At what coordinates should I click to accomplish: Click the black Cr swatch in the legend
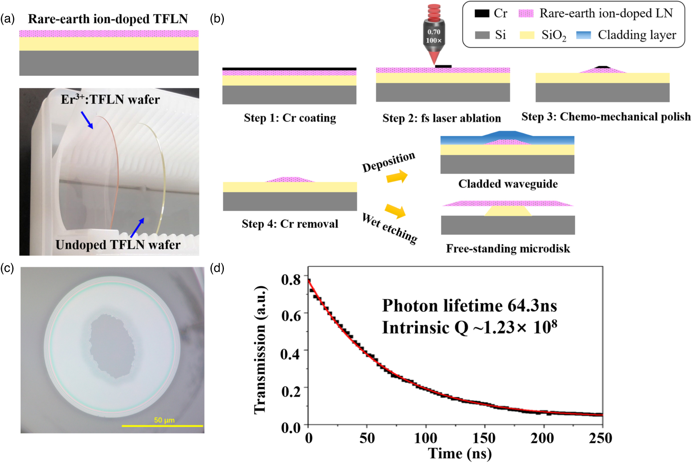click(482, 14)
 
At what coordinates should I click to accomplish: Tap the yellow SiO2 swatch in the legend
click(527, 35)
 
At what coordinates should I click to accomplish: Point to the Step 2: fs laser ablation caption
click(441, 118)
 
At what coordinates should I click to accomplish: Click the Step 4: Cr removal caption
click(290, 224)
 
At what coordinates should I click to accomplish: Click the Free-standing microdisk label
click(508, 249)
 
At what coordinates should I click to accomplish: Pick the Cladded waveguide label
click(508, 184)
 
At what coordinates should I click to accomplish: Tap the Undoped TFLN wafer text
click(118, 245)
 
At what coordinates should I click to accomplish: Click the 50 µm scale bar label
click(164, 420)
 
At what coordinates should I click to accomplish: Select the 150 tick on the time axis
click(484, 439)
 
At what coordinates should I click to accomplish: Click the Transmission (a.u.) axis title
click(261, 349)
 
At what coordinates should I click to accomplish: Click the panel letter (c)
click(7, 268)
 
